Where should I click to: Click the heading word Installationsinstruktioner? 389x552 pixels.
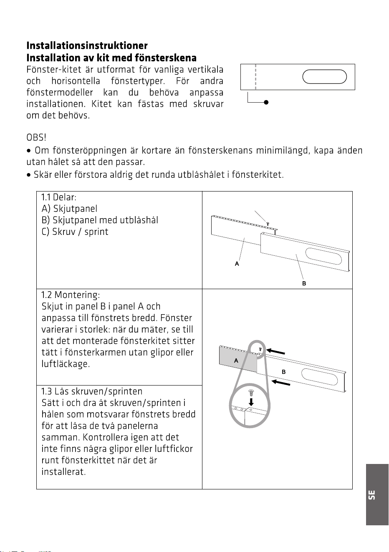pyautogui.click(x=87, y=45)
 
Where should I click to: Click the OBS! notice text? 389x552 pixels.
pyautogui.click(x=36, y=138)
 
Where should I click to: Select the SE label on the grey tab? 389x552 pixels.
pyautogui.click(x=372, y=495)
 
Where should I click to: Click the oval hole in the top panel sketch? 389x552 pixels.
pyautogui.click(x=324, y=77)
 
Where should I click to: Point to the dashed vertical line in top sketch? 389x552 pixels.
pyautogui.click(x=255, y=77)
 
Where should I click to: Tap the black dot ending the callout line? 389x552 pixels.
pyautogui.click(x=266, y=102)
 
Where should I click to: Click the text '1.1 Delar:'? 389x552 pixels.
pyautogui.click(x=59, y=197)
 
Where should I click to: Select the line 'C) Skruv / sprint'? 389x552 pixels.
pyautogui.click(x=75, y=232)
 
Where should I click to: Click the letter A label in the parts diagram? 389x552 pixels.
pyautogui.click(x=237, y=264)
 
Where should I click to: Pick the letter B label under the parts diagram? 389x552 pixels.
pyautogui.click(x=304, y=284)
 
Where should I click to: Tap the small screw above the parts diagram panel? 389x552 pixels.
pyautogui.click(x=268, y=224)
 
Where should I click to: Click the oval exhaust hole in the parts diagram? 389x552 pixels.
pyautogui.click(x=323, y=256)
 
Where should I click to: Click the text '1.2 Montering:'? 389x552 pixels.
pyautogui.click(x=71, y=295)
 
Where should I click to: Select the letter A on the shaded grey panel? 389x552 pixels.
pyautogui.click(x=236, y=361)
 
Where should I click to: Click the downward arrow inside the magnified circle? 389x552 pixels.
pyautogui.click(x=251, y=402)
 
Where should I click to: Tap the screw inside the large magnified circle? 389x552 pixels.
pyautogui.click(x=251, y=393)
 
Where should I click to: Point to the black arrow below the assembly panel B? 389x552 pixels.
pyautogui.click(x=281, y=383)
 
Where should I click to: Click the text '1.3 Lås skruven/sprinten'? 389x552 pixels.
pyautogui.click(x=92, y=391)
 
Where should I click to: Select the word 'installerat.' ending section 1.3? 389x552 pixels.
pyautogui.click(x=63, y=471)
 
